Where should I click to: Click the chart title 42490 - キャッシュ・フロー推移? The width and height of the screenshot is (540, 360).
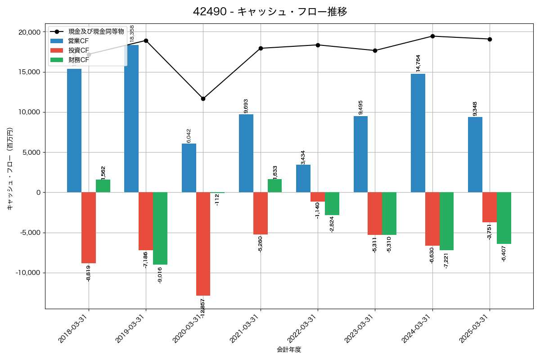point(270,12)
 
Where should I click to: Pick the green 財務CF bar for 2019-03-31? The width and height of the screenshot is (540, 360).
point(160,229)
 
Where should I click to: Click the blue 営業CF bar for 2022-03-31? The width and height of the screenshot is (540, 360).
point(303,179)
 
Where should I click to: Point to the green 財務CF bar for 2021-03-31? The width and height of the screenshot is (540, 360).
point(274,186)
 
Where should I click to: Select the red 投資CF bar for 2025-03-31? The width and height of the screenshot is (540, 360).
point(490,207)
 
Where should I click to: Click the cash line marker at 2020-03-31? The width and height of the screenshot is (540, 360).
point(203,99)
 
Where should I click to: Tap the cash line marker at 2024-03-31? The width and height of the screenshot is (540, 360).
point(432,36)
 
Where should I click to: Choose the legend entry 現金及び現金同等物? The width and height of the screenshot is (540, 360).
point(90,31)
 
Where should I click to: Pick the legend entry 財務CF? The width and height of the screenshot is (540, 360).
point(79,59)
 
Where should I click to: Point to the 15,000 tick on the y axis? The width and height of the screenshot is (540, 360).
point(29,72)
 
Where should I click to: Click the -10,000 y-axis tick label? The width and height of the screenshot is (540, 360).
point(27,273)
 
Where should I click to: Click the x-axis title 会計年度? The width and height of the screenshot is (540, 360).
point(289,350)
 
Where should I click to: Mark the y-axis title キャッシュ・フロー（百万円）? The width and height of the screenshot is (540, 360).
point(10,169)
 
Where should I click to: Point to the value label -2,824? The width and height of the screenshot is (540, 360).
point(332,224)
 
